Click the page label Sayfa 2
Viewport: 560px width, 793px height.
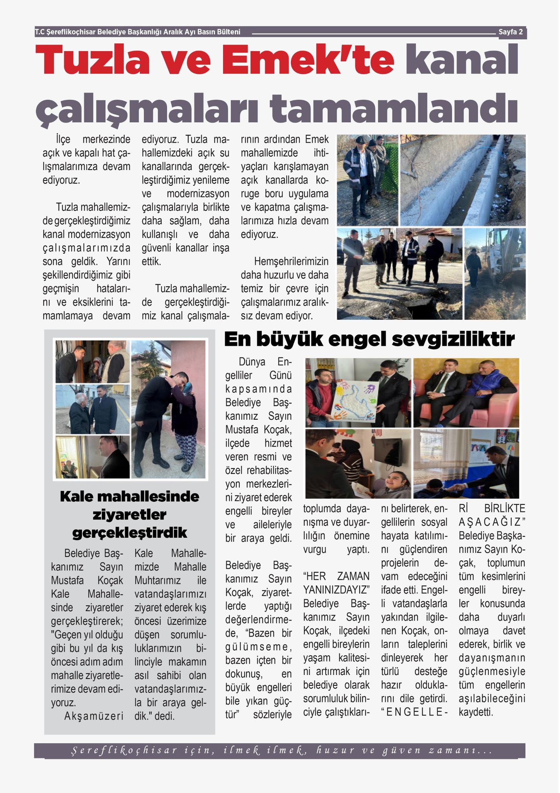click(510, 32)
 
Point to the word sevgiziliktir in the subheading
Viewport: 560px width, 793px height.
click(453, 339)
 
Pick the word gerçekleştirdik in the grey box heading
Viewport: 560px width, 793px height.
click(130, 533)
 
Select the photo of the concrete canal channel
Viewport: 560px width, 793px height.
click(462, 180)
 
